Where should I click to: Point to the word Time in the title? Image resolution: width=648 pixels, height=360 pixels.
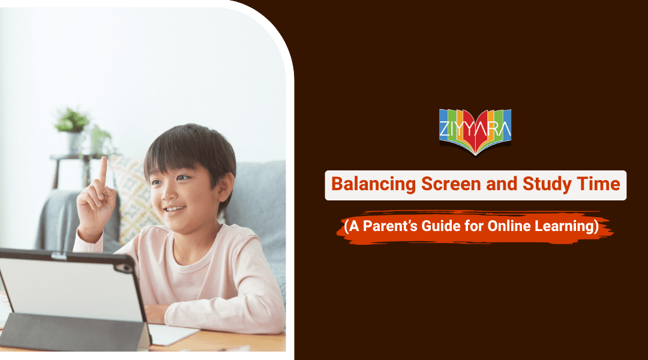coord(599,185)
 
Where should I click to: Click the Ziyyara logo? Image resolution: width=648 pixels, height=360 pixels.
coord(475,131)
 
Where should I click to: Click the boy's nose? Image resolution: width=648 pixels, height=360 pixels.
coord(170,195)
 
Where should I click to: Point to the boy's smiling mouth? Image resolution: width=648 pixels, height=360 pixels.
coord(175,209)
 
